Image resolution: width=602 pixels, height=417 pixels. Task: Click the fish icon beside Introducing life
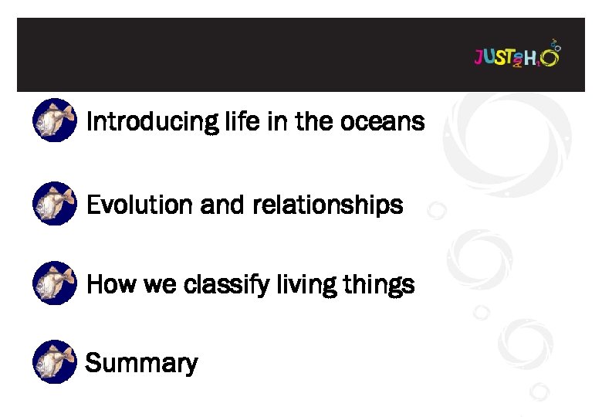tap(55, 120)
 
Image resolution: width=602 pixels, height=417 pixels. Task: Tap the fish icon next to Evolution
tap(55, 204)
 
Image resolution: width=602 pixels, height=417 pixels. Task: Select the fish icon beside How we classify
tap(55, 283)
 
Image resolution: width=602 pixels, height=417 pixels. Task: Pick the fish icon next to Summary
tap(55, 361)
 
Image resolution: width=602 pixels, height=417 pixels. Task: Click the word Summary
tap(142, 363)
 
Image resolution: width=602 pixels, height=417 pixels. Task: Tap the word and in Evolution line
tap(222, 205)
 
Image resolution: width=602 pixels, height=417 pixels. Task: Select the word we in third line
tap(160, 285)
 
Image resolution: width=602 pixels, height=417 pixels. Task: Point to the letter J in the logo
tap(479, 58)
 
